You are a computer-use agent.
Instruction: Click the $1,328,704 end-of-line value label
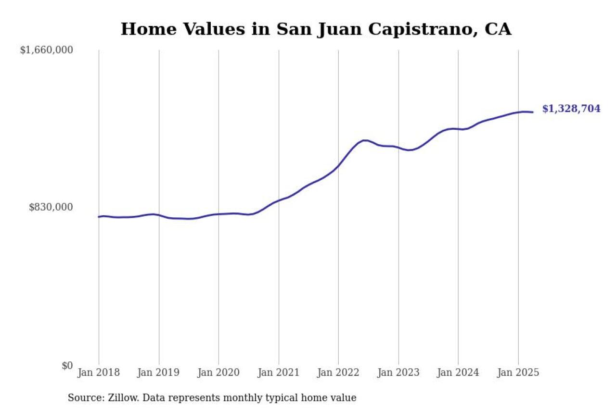coord(571,109)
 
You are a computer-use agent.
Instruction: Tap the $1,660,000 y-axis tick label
coord(46,50)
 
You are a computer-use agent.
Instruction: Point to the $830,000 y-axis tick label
coord(51,207)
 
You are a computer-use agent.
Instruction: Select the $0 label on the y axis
coord(67,365)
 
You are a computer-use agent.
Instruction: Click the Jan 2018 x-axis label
coord(99,373)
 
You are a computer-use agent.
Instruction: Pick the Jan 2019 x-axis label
coord(158,373)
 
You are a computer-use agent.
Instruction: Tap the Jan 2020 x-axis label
coord(218,373)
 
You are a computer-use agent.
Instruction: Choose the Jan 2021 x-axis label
coord(278,373)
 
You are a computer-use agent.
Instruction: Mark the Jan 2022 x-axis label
coord(338,373)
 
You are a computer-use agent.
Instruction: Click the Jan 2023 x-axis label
coord(398,373)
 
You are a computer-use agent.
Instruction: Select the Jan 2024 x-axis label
coord(458,373)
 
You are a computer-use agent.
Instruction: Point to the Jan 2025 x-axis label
coord(518,373)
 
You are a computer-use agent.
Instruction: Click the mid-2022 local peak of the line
coord(365,140)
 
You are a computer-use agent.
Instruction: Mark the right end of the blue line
coord(533,112)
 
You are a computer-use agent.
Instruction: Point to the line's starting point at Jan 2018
coord(99,217)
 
